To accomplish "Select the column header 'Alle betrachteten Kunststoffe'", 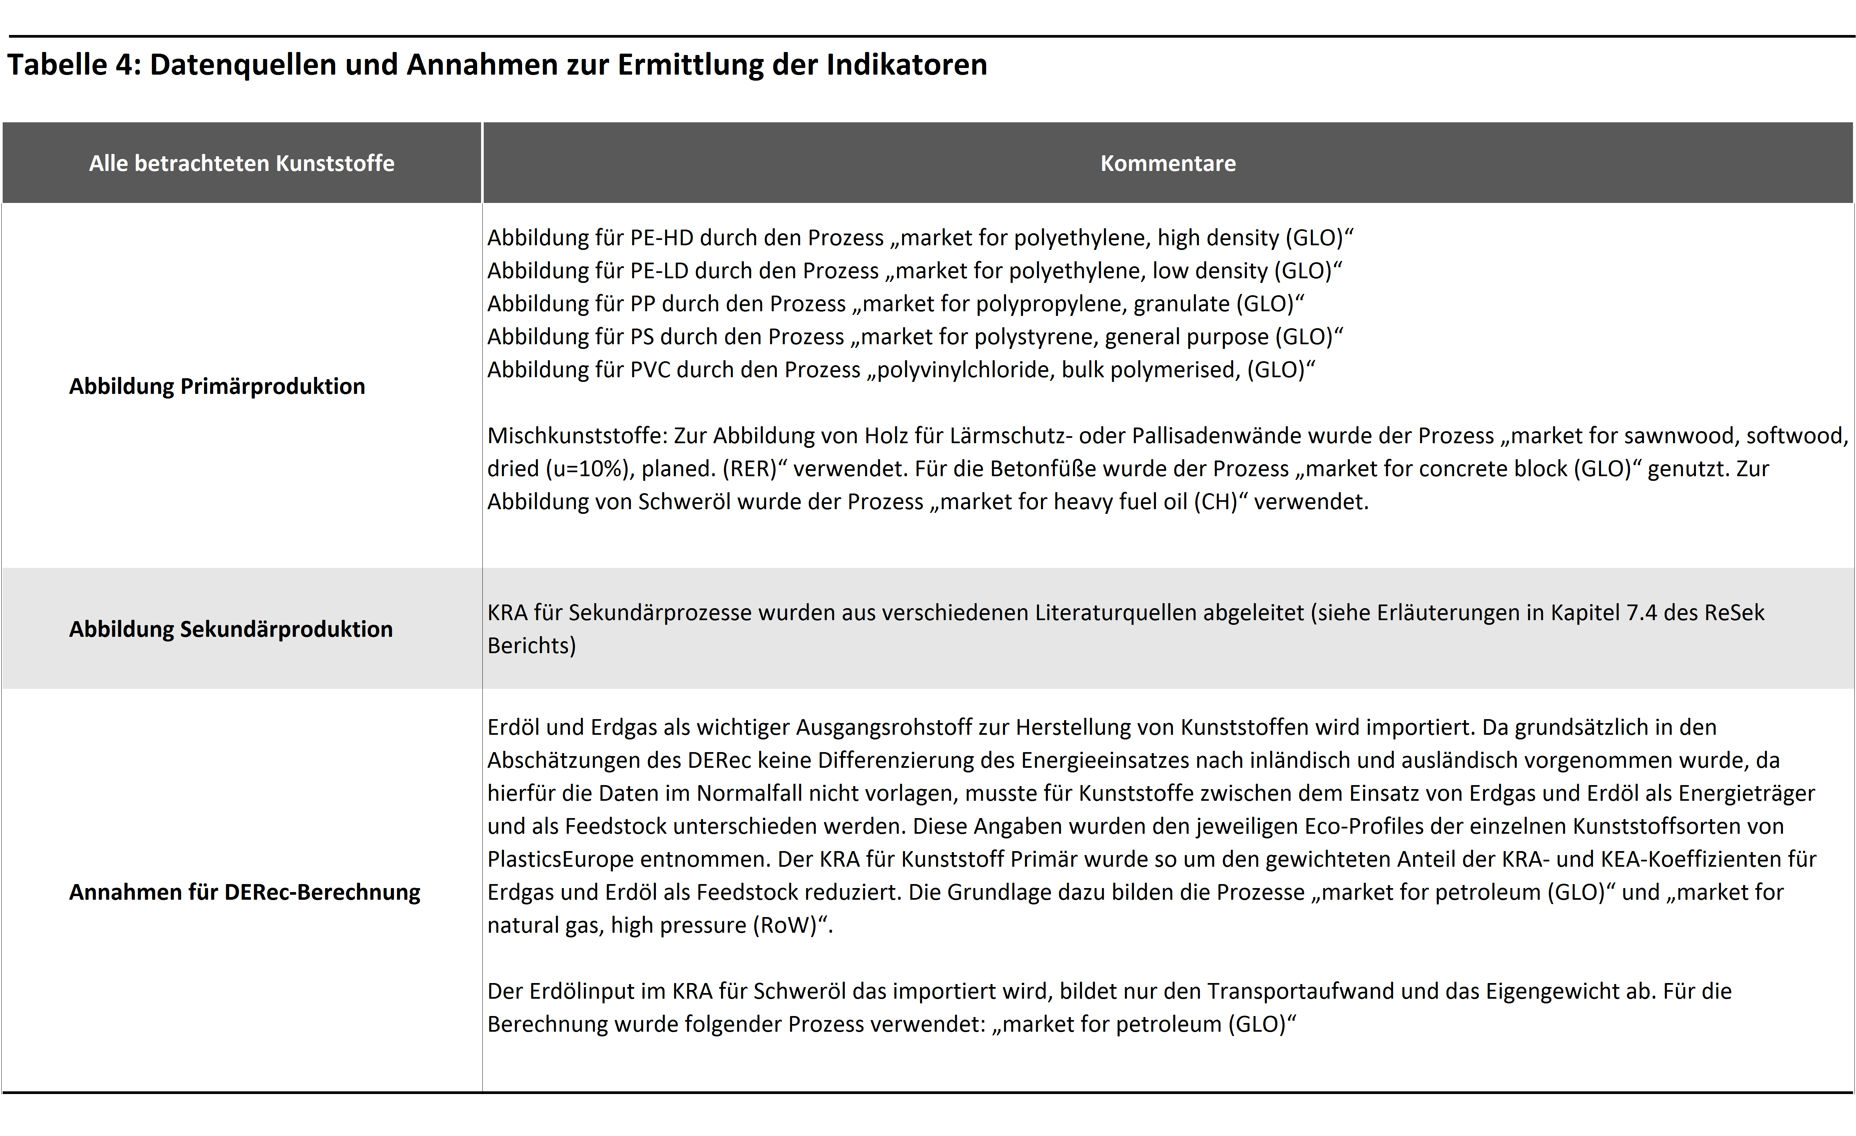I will [x=242, y=164].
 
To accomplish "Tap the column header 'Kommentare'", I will [x=1167, y=164].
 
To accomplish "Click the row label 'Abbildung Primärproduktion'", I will [x=217, y=387].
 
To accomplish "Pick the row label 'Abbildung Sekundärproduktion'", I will [x=231, y=629].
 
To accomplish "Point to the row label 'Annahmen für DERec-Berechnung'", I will [x=245, y=892].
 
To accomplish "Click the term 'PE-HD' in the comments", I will [x=661, y=238].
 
